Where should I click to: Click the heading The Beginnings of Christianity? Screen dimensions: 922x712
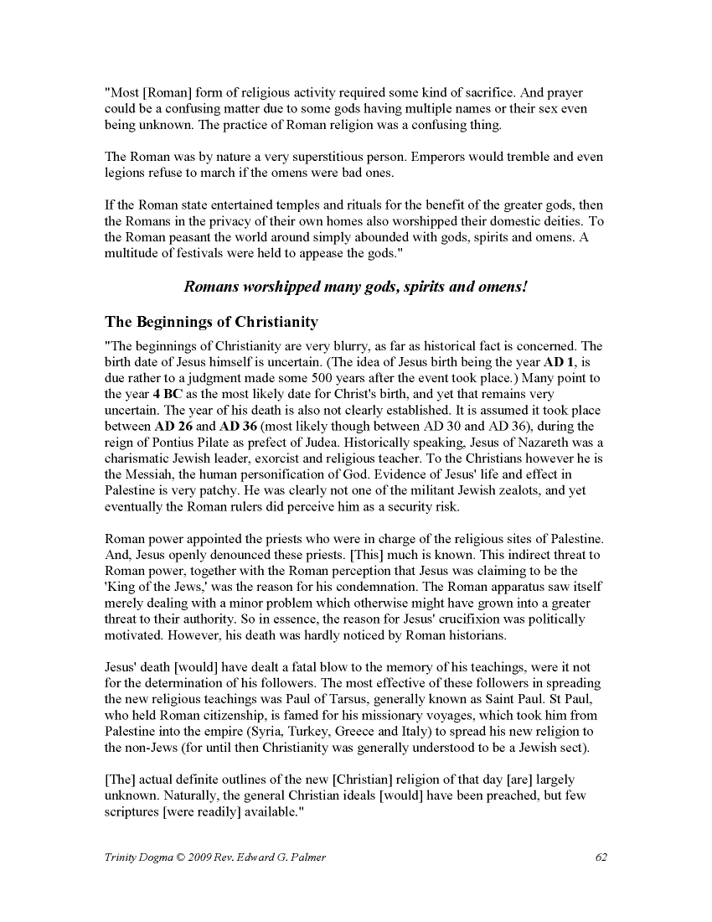211,322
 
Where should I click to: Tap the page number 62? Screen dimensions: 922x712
601,857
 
